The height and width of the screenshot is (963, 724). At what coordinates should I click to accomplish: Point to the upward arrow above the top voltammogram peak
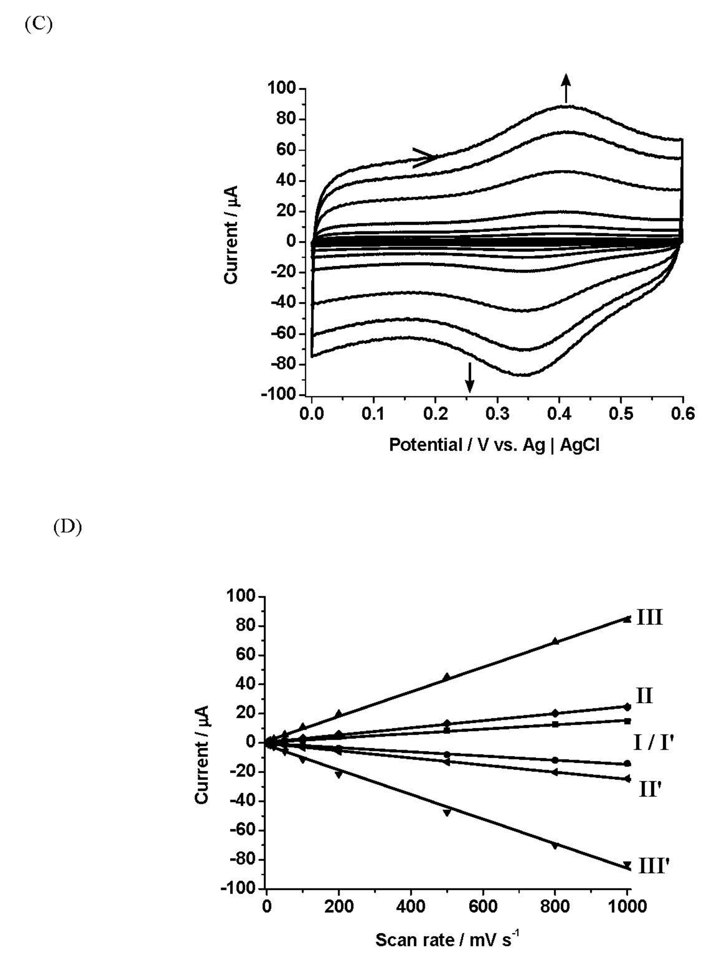click(566, 88)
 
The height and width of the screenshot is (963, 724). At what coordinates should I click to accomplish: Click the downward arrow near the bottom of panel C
click(469, 377)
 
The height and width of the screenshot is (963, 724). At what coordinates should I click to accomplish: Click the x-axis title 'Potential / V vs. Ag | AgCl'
click(494, 445)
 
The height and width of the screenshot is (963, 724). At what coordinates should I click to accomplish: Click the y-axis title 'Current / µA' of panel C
click(232, 235)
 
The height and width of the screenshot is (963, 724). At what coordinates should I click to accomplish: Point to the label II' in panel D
click(651, 789)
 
